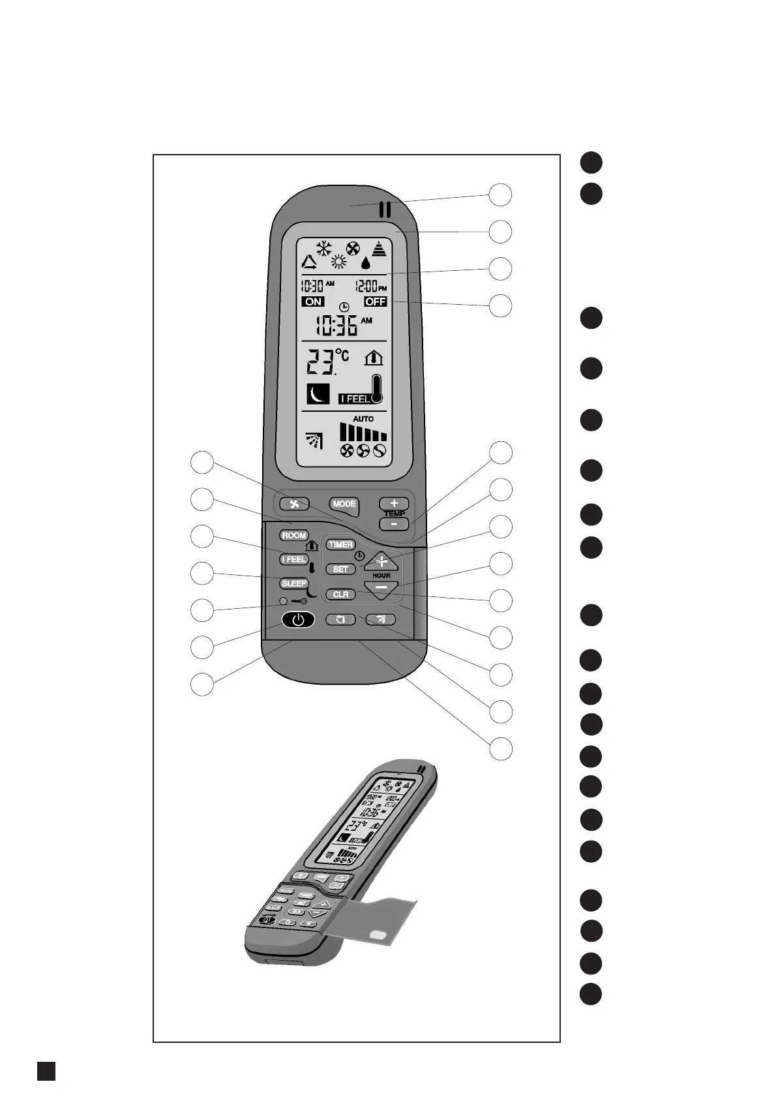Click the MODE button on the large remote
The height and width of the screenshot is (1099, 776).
coord(344,504)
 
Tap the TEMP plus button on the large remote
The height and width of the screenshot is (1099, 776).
coord(394,503)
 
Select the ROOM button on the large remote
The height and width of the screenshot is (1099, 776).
coord(293,535)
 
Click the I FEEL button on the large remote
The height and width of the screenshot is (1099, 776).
coord(293,559)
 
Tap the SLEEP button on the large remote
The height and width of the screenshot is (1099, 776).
coord(294,583)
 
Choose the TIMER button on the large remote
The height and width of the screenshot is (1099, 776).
coord(340,544)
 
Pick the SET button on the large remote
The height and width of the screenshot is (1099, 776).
coord(340,569)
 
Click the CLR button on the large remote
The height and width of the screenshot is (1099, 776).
coord(340,595)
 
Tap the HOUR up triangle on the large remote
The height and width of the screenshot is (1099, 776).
coord(381,562)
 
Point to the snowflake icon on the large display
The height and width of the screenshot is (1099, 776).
coord(324,247)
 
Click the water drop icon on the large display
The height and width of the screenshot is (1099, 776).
coord(366,263)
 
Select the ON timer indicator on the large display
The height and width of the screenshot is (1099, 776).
coord(314,302)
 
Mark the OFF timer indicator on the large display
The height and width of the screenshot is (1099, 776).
coord(375,302)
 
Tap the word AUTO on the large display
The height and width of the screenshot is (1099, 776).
coord(363,418)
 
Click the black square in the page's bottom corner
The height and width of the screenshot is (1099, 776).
coord(46,1071)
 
